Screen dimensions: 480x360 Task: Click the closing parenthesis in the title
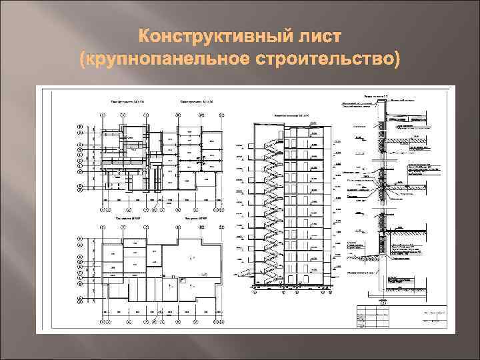click(398, 61)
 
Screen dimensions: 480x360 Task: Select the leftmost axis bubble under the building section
click(253, 290)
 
